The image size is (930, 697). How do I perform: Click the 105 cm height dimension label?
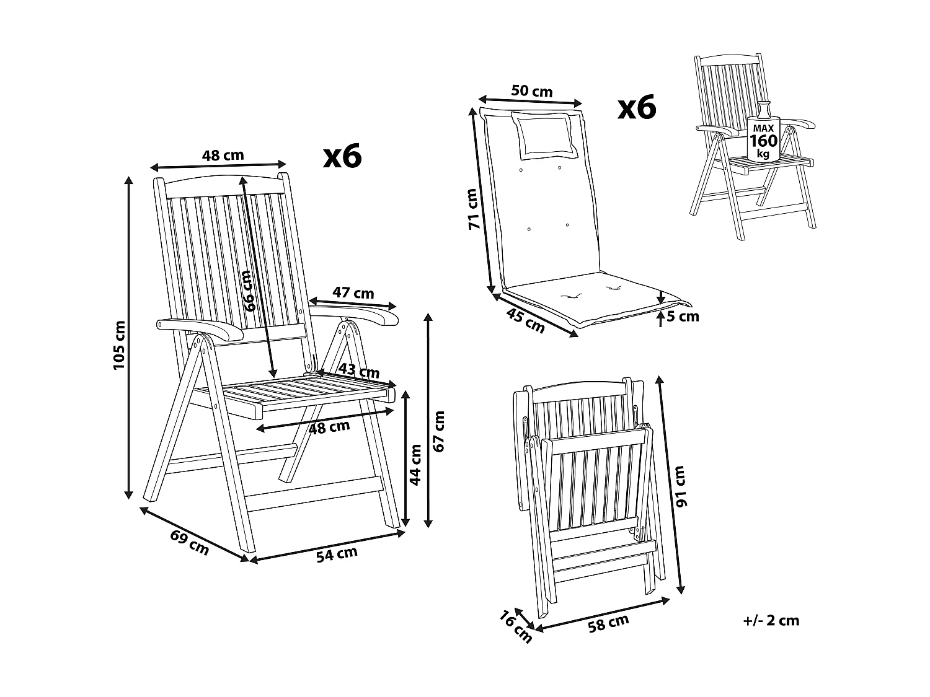click(x=118, y=346)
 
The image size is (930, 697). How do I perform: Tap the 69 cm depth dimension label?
click(x=190, y=540)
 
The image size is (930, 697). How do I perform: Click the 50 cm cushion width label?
click(x=531, y=90)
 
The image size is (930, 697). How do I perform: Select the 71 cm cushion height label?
click(x=475, y=209)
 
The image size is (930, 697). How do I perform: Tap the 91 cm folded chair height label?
click(x=682, y=486)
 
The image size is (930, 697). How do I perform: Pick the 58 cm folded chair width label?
click(x=608, y=623)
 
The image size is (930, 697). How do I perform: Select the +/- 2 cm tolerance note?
click(x=771, y=620)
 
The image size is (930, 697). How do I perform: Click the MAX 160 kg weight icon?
click(x=763, y=138)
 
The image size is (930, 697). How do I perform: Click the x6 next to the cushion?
click(x=637, y=108)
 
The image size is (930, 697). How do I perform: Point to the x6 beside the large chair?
click(x=342, y=157)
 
